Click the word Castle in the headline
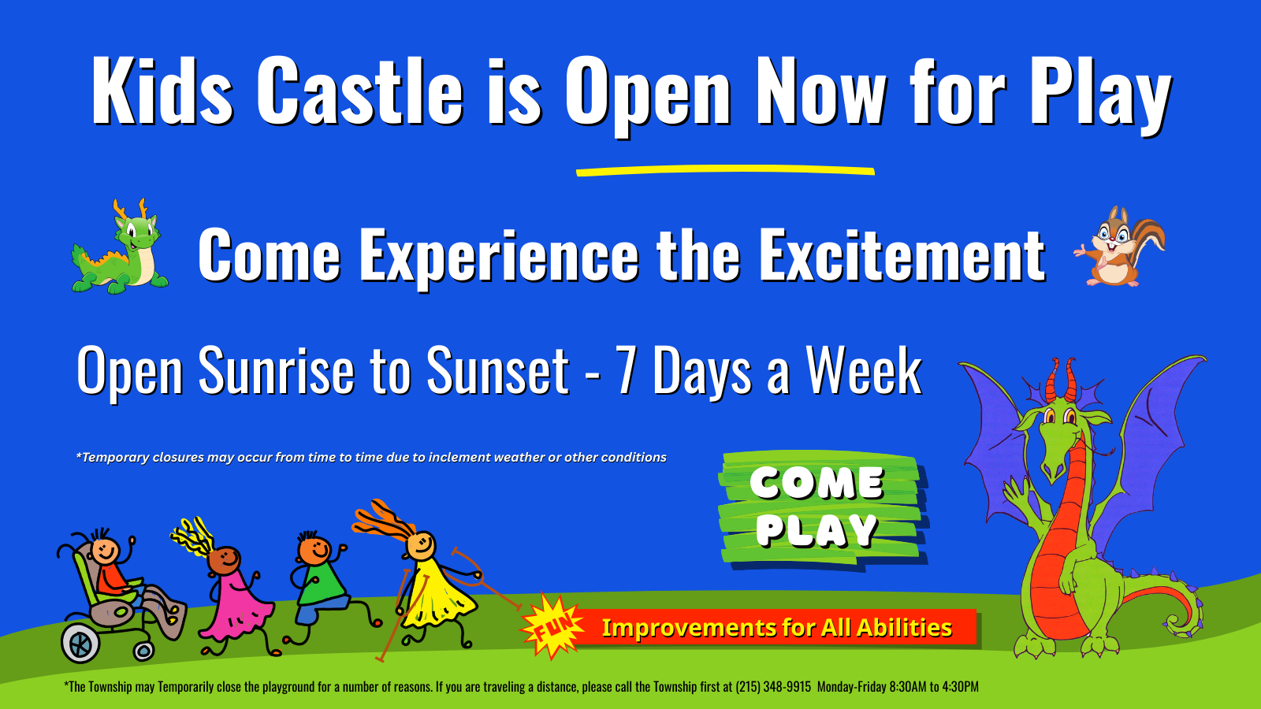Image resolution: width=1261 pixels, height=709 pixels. (x=359, y=91)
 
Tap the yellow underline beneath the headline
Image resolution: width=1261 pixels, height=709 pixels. (x=725, y=170)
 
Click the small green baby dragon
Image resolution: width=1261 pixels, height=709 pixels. (x=119, y=247)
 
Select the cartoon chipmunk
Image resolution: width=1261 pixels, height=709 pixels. (x=1119, y=247)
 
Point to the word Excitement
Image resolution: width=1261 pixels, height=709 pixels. (x=902, y=255)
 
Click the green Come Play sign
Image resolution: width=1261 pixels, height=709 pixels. (x=820, y=509)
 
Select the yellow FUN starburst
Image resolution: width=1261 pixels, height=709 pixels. (x=552, y=625)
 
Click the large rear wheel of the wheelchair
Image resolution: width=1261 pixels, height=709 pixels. (x=80, y=643)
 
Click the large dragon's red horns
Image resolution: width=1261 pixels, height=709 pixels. (x=1061, y=380)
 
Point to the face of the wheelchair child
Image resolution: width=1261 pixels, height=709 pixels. (x=106, y=550)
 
